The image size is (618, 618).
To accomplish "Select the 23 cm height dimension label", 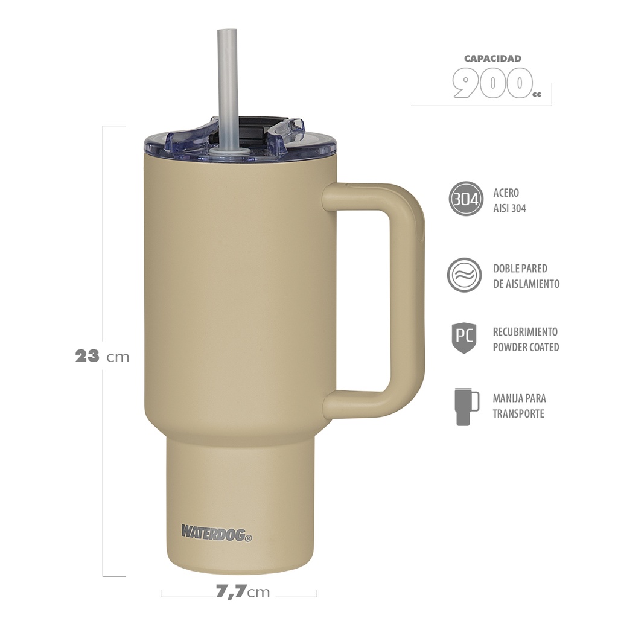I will [x=102, y=356].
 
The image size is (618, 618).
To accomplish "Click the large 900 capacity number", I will [x=491, y=84].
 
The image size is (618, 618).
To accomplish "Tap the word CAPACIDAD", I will [x=492, y=59].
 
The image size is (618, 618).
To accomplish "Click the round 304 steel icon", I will [x=466, y=199].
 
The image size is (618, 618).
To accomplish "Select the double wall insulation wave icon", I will [x=464, y=275].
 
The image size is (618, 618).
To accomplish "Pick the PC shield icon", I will [x=464, y=338].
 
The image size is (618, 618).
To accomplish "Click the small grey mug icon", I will [x=467, y=406].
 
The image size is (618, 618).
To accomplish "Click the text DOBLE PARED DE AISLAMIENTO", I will [x=526, y=276].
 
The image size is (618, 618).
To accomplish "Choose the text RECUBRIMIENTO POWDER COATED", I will [x=526, y=339].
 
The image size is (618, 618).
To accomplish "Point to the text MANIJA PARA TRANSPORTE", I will [x=518, y=406].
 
